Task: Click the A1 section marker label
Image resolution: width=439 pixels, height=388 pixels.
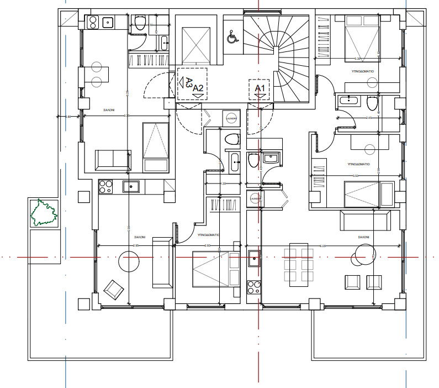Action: pos(260,88)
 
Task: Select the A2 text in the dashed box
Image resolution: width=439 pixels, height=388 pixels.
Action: pos(198,88)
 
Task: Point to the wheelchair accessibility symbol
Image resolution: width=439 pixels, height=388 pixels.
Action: pos(232,37)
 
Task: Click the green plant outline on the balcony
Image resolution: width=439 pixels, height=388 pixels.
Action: pos(44,212)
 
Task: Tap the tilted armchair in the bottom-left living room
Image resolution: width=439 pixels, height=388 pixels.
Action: pos(113,287)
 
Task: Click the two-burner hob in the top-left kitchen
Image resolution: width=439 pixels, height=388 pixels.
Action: pos(92,23)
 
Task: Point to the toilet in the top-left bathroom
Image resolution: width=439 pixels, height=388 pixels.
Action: pos(140,23)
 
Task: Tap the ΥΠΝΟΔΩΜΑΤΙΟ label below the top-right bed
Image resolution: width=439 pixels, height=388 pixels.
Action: pos(364,71)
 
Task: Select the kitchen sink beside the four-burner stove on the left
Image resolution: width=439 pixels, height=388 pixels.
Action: pos(131,186)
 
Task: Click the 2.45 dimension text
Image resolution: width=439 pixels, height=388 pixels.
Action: pos(369,118)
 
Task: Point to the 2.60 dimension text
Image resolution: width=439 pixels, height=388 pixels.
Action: pos(208,245)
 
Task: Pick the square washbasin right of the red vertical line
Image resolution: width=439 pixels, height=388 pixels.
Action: pos(270,159)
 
